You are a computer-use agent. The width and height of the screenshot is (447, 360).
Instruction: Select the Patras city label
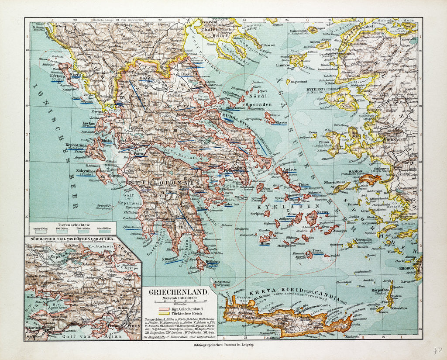(139, 154)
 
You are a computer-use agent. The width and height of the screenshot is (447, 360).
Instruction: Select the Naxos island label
(322, 212)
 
